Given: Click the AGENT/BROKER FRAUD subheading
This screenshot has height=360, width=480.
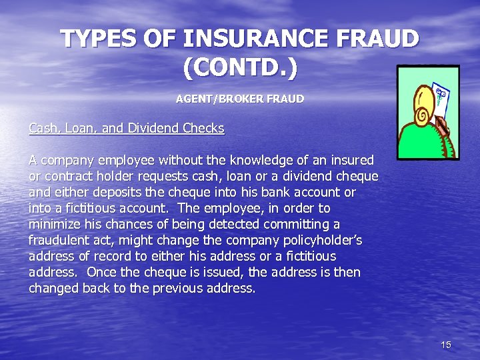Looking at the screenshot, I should [239, 99].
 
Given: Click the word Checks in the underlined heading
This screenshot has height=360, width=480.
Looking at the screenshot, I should [203, 128].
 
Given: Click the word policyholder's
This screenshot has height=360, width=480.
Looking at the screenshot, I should [320, 240].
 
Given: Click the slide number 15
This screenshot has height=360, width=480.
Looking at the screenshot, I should [446, 345].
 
